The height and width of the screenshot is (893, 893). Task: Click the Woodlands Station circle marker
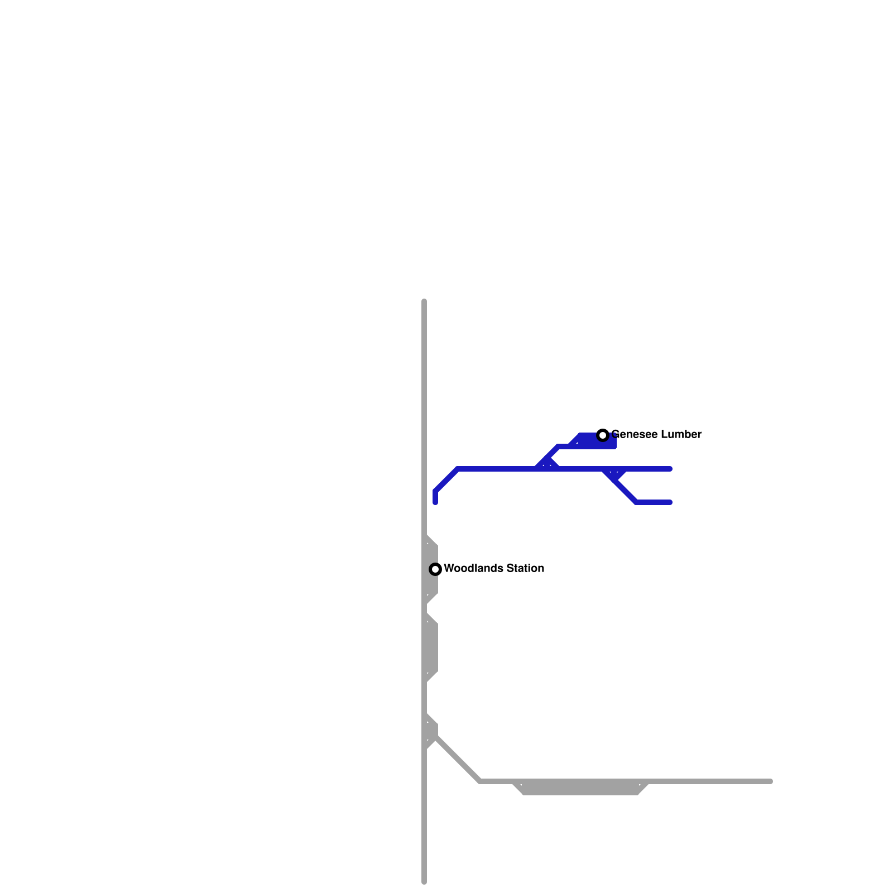(x=435, y=569)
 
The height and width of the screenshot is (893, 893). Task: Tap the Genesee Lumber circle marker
(x=602, y=435)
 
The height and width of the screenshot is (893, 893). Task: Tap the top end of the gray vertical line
(x=424, y=302)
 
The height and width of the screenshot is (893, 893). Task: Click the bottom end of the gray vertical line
(x=424, y=882)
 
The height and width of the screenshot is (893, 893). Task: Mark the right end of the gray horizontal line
(x=770, y=781)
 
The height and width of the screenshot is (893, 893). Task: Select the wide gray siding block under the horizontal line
(x=580, y=788)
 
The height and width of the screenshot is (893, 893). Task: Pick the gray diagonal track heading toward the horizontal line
(x=458, y=759)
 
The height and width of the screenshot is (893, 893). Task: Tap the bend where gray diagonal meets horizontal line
(x=480, y=781)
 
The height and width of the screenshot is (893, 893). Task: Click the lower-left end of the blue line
(x=435, y=502)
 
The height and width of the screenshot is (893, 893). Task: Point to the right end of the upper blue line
(x=670, y=469)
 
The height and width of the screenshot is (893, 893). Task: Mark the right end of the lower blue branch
(x=670, y=502)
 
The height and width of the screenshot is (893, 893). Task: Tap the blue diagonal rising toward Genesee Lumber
(x=547, y=458)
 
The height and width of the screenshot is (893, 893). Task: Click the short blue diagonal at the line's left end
(x=446, y=480)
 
